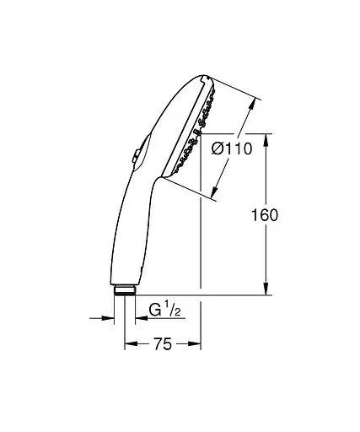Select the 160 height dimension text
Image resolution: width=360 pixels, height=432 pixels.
pos(265,214)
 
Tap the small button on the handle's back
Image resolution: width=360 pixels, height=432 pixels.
pos(135,155)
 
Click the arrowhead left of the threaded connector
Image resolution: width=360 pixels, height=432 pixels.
pos(109,318)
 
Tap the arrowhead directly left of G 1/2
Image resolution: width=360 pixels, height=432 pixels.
pos(131,318)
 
